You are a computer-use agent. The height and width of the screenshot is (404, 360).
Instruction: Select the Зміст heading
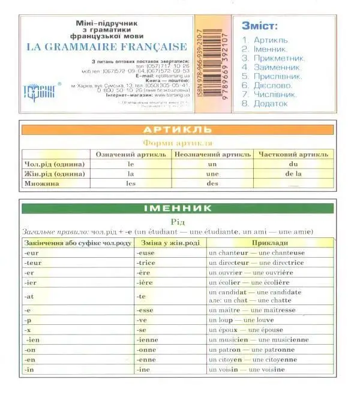click(x=259, y=26)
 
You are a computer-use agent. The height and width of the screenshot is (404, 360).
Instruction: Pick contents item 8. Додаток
click(x=265, y=104)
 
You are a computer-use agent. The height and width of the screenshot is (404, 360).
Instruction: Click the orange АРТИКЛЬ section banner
click(x=178, y=129)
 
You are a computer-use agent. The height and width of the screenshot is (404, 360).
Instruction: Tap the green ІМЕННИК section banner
click(x=178, y=208)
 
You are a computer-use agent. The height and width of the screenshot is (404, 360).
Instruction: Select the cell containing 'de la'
click(x=293, y=174)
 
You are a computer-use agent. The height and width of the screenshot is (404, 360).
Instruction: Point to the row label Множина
click(x=41, y=184)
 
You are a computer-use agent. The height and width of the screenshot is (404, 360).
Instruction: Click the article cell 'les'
click(x=131, y=184)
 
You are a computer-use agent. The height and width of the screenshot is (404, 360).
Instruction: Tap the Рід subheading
click(x=178, y=221)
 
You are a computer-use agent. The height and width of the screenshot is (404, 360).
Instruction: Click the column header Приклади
click(x=269, y=243)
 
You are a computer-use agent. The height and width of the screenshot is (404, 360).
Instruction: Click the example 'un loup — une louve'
click(x=238, y=320)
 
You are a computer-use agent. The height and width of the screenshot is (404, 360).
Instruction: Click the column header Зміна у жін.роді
click(x=169, y=243)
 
